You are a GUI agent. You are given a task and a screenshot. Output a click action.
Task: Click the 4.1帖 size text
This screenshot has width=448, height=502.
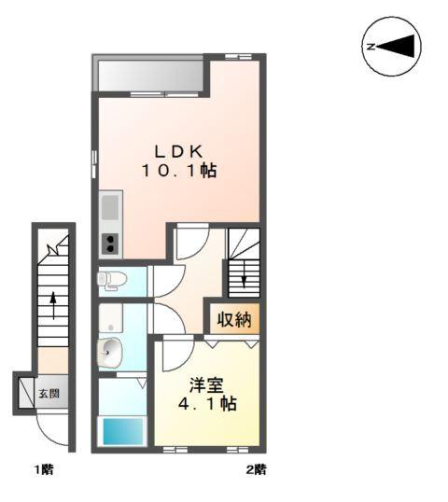[206, 404]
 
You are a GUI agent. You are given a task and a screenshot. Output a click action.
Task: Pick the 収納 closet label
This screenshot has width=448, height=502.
[233, 320]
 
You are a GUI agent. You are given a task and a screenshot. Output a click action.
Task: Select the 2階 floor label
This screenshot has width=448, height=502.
[255, 469]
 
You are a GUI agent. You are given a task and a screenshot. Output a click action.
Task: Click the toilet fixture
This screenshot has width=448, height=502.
[111, 279]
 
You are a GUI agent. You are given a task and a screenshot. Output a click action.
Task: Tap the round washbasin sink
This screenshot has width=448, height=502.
[111, 352]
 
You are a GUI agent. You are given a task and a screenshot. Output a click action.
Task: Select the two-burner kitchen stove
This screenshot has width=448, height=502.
[110, 244]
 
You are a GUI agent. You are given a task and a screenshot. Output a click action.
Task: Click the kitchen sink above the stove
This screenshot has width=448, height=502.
[110, 205]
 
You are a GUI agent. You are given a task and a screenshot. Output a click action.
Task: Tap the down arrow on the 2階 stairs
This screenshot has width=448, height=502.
[244, 273]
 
